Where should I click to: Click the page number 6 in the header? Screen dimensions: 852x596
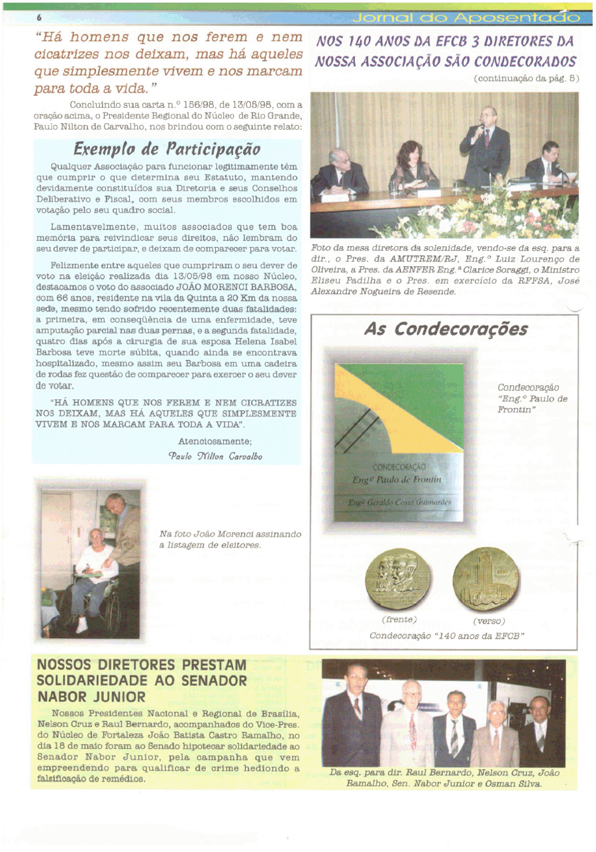[39, 17]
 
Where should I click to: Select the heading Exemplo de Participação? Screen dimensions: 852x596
[167, 146]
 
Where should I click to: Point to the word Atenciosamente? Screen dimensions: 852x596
[215, 441]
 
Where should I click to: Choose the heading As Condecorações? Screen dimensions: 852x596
[446, 330]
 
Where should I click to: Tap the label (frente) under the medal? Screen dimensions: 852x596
[399, 619]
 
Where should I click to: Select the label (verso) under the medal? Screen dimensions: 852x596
[489, 621]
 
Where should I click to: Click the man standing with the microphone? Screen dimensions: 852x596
[487, 146]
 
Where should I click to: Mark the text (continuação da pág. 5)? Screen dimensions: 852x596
[526, 77]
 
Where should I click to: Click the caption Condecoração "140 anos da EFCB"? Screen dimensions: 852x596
[447, 636]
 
